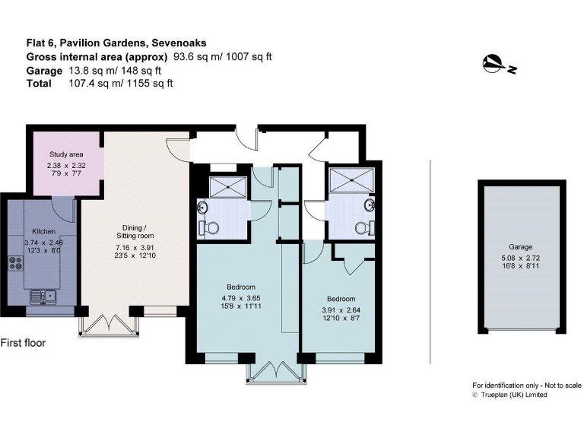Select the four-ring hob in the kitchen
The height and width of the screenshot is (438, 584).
click(x=15, y=265)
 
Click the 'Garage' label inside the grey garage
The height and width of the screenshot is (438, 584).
click(x=520, y=247)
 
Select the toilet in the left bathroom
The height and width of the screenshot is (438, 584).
click(x=210, y=227)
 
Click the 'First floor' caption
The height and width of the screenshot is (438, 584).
click(x=23, y=343)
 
